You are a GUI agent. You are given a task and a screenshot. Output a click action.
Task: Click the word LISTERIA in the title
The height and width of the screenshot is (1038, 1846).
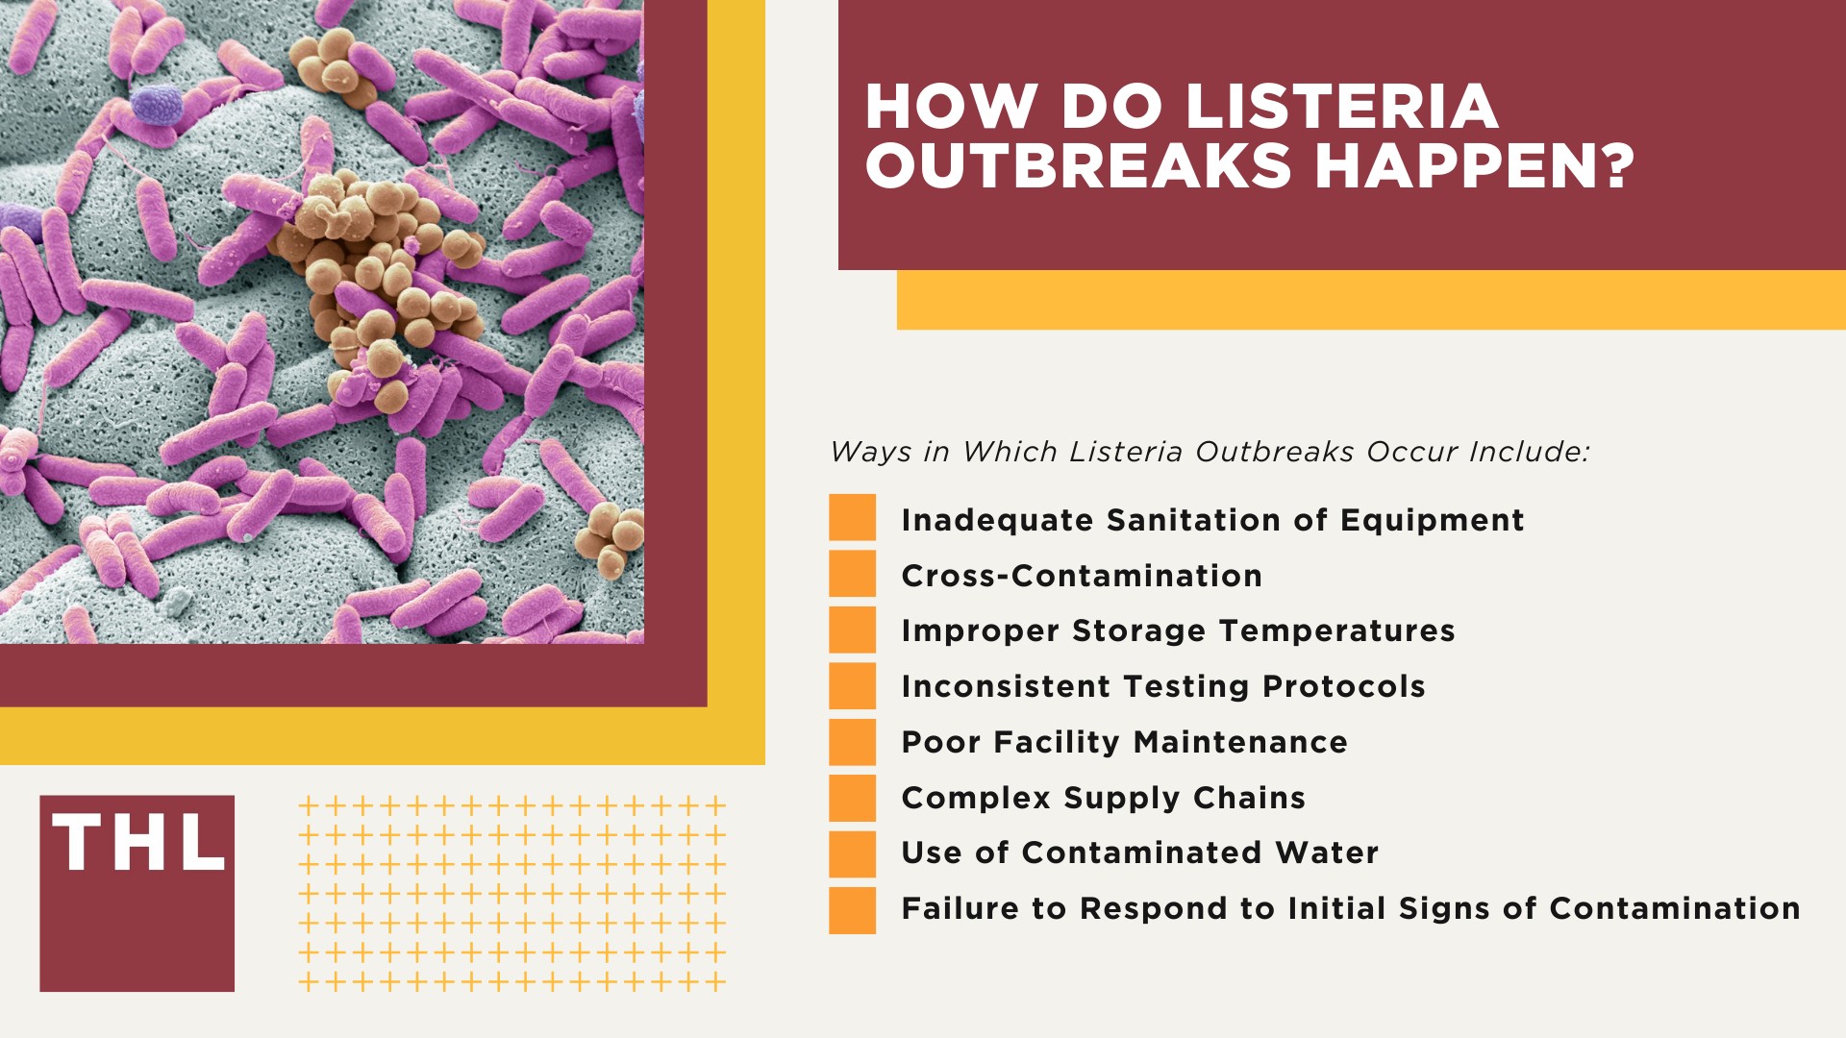coord(1342,106)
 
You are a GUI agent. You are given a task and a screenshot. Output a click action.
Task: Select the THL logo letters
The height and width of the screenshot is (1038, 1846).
coord(138,844)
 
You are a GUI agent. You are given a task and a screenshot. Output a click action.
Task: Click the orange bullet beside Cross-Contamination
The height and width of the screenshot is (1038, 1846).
coord(852,574)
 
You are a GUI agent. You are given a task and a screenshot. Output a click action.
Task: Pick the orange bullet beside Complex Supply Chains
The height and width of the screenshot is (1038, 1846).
coord(852,797)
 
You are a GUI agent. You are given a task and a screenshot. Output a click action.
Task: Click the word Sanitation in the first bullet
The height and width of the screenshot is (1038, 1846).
coord(1193,520)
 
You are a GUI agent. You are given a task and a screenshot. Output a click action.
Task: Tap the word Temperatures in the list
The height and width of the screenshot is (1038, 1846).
coord(1336,630)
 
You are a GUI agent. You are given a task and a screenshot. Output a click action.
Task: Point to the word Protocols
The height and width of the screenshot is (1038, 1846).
coord(1343,686)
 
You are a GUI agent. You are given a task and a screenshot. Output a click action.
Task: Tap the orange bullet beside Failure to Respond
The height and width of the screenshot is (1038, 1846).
coord(852,909)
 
